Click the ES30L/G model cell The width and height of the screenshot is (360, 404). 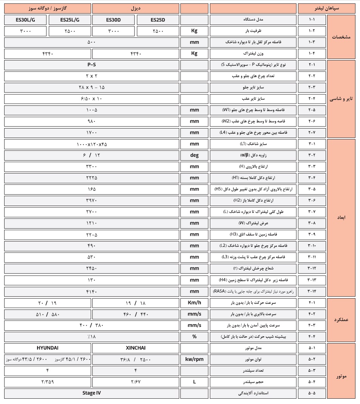(25, 20)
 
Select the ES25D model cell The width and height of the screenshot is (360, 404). (158, 20)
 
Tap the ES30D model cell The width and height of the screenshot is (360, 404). (113, 20)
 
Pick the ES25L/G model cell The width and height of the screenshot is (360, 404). (70, 20)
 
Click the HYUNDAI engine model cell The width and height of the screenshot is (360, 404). (48, 348)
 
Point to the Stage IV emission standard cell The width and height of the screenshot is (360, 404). (91, 393)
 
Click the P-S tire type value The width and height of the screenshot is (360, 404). (91, 65)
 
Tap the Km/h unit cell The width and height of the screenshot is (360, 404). (194, 303)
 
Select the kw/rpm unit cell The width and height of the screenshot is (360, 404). (194, 359)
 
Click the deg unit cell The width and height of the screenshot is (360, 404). (194, 155)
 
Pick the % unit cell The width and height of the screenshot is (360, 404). (194, 336)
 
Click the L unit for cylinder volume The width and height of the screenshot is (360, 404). (194, 382)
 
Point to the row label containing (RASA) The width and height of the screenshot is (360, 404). (253, 291)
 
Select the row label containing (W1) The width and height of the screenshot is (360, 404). (253, 110)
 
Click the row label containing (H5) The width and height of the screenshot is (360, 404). (253, 189)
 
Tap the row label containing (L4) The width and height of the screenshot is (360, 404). (253, 133)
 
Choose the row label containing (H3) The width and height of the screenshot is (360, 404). (253, 234)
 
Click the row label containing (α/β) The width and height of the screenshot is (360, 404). (253, 155)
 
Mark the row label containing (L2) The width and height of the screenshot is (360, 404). (253, 246)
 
